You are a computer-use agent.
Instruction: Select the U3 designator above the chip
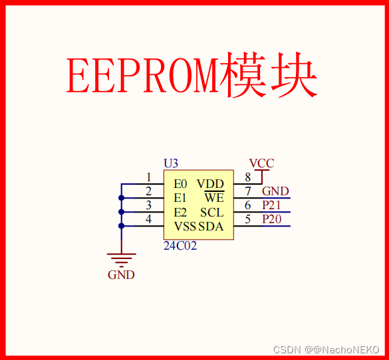coord(171,163)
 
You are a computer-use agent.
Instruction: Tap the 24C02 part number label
coord(180,245)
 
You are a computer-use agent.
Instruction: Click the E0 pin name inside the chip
coord(180,184)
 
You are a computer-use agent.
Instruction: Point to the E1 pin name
coord(180,198)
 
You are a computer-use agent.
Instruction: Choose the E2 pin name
coord(180,213)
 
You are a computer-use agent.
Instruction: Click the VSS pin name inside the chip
coord(185,226)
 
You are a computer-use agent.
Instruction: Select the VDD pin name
coord(210,184)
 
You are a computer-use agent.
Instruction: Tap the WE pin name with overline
coord(214,198)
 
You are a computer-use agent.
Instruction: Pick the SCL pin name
coord(211,213)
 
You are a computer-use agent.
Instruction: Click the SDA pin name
coord(211,226)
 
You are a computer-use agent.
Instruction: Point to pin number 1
coord(149,177)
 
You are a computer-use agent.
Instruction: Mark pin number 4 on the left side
coord(149,219)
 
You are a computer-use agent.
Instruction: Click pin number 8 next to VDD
coord(248,177)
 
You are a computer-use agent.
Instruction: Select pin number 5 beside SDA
coord(248,219)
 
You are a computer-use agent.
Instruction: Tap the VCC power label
coord(261,163)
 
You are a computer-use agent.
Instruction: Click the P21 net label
coord(271,205)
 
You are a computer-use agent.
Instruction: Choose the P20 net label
coord(271,219)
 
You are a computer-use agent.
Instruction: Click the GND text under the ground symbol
coord(121,275)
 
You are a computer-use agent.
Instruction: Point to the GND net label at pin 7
coord(275,191)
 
